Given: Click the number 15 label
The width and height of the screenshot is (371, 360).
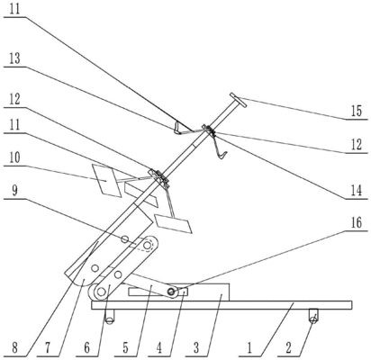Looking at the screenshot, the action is pyautogui.click(x=357, y=112).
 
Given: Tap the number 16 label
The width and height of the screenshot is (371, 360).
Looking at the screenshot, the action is pyautogui.click(x=357, y=223).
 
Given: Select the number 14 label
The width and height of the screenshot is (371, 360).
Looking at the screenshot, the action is pyautogui.click(x=357, y=191).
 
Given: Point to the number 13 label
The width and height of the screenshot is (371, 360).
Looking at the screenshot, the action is pyautogui.click(x=14, y=58).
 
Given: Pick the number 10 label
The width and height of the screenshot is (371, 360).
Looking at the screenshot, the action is pyautogui.click(x=14, y=157).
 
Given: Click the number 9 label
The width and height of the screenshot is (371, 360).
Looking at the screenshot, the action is pyautogui.click(x=14, y=192).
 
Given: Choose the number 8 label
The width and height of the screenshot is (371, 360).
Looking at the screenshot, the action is pyautogui.click(x=14, y=348).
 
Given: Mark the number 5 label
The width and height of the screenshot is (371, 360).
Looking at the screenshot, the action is pyautogui.click(x=125, y=348).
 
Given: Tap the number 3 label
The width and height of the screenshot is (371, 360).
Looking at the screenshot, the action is pyautogui.click(x=196, y=348).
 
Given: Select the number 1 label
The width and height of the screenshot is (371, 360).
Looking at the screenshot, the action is pyautogui.click(x=249, y=348).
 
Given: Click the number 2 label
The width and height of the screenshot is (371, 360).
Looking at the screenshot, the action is pyautogui.click(x=288, y=348).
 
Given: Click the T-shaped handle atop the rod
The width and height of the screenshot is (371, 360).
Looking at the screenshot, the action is pyautogui.click(x=239, y=100).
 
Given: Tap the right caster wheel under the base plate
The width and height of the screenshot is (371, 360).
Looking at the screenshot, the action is pyautogui.click(x=313, y=320).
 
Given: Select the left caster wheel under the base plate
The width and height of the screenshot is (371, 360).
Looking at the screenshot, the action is pyautogui.click(x=110, y=320).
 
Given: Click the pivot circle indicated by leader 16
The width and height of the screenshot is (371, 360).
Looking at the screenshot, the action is pyautogui.click(x=172, y=292).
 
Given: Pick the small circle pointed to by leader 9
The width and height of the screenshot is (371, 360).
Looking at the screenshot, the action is pyautogui.click(x=124, y=239).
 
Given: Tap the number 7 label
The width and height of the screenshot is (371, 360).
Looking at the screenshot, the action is pyautogui.click(x=48, y=348).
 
